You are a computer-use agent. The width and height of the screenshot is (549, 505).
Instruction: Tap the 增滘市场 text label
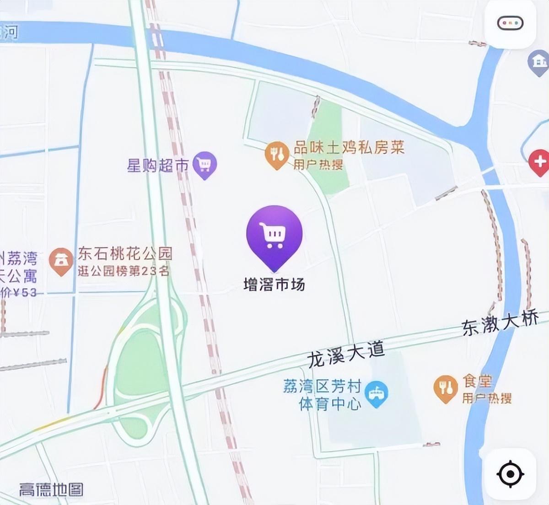274,285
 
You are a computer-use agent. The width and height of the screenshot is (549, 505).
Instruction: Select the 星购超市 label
157,165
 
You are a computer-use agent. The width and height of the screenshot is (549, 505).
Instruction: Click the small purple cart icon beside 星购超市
204,164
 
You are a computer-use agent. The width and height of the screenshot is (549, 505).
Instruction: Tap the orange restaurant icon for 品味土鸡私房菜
277,155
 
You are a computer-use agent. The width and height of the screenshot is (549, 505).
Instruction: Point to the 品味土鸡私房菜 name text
349,148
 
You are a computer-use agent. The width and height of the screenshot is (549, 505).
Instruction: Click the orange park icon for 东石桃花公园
61,261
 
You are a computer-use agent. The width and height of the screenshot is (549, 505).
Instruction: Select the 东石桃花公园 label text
125,253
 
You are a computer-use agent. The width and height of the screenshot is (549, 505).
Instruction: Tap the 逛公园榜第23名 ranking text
124,271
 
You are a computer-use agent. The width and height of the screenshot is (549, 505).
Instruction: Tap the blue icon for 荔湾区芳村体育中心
377,394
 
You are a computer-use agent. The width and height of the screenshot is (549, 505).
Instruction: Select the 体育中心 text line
330,404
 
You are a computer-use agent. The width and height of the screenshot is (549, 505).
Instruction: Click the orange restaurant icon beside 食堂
445,388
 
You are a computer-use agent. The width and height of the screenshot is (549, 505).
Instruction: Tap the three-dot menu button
510,23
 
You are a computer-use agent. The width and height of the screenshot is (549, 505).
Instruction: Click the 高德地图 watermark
51,490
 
